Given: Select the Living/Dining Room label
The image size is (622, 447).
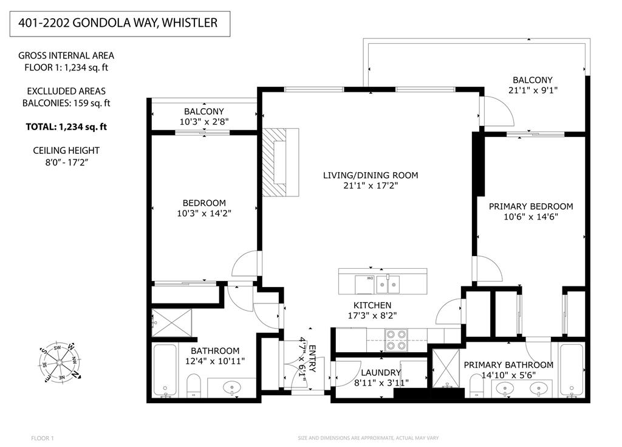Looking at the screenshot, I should [370, 175].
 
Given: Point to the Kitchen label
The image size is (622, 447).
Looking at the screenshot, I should [372, 305].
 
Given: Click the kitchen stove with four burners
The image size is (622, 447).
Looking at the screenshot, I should [396, 339].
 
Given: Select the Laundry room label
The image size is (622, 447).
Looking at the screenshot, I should [380, 372].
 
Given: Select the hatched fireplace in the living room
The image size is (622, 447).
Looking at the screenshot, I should [280, 162].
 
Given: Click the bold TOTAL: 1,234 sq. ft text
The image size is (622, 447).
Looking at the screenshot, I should [66, 127].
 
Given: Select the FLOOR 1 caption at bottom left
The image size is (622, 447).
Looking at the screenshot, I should [43, 438].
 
